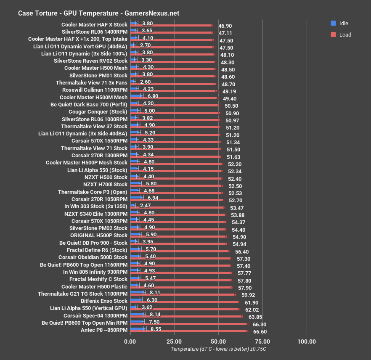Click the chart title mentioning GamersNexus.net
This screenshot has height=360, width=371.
pyautogui.click(x=98, y=13)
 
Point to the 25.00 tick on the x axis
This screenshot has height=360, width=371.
pyautogui.click(x=174, y=341)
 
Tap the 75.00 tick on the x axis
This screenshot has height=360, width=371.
pyautogui.click(x=262, y=341)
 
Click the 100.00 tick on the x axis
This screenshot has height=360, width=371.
pyautogui.click(x=306, y=341)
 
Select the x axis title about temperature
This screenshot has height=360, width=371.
pyautogui.click(x=218, y=349)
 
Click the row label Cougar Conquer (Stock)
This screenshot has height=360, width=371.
pyautogui.click(x=98, y=112)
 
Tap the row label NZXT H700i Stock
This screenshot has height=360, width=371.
pyautogui.click(x=105, y=185)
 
